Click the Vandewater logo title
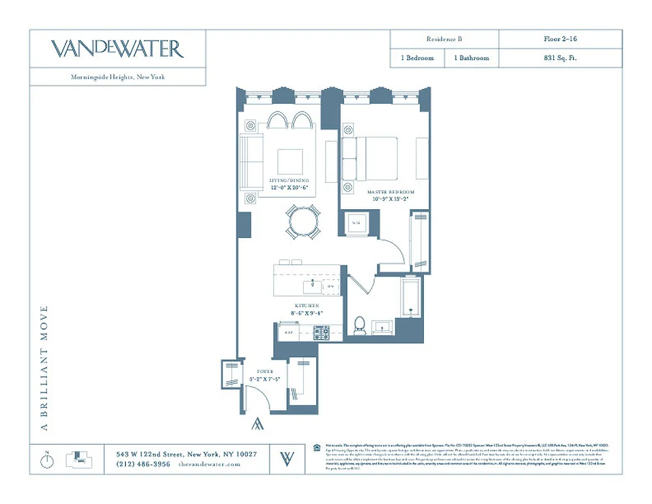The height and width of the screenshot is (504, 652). pos(117,49)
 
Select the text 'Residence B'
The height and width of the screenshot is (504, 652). pos(444,39)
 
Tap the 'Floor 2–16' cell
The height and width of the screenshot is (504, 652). pos(560,39)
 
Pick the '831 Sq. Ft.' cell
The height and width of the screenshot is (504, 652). pos(560,58)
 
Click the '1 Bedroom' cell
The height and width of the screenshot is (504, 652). pos(417,58)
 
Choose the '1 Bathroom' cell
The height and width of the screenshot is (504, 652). pos(471,58)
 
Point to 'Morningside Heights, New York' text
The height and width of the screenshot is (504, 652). pos(118,77)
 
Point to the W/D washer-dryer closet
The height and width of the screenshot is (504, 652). pos(355,222)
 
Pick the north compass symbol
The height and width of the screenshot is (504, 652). pos(47,460)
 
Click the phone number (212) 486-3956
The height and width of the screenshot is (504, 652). pos(143,464)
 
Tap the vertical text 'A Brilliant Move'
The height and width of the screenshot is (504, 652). pos(44,368)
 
